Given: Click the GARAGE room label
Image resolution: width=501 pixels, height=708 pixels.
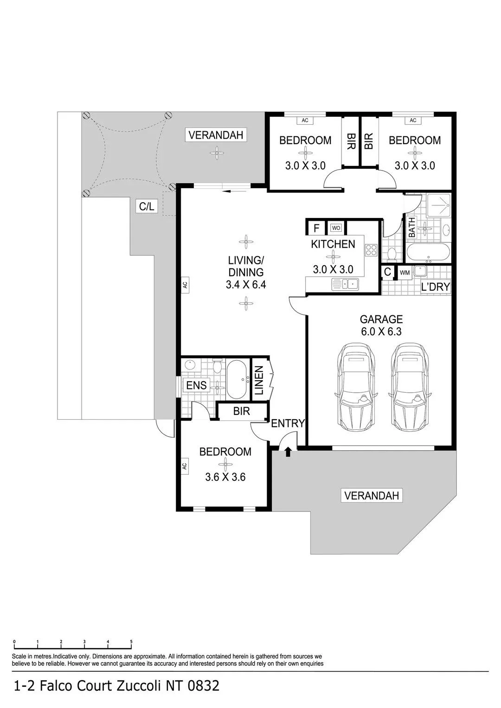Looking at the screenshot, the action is point(381,319).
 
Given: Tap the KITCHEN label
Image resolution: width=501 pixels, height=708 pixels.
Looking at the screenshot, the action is point(333,244).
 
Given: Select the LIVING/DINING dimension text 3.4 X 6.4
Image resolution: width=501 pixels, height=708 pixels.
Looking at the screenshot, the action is point(246,285).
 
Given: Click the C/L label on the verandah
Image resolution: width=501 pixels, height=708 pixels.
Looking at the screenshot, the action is point(147,206).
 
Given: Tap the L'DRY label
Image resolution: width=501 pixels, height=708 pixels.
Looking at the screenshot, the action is point(435,287).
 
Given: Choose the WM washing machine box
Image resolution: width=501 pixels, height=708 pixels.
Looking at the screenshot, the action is point(405,273).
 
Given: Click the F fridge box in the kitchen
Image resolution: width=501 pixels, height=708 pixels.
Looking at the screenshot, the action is point(316,228).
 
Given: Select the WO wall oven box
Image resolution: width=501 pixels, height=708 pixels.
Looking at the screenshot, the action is point(336,228).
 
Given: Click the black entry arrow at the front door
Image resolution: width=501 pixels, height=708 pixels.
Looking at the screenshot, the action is point(288,453).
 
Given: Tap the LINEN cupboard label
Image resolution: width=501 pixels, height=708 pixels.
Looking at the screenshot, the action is point(259,380).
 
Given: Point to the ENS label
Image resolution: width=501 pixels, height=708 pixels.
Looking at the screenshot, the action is point(196,385).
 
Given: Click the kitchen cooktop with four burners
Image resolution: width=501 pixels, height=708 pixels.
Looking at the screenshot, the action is point(371,250).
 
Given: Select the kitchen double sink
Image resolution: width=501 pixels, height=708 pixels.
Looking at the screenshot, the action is point(345,284).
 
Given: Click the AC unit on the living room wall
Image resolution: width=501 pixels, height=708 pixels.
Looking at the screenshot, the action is point(185,285).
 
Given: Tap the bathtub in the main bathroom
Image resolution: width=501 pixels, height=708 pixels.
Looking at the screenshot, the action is point(428,253).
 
